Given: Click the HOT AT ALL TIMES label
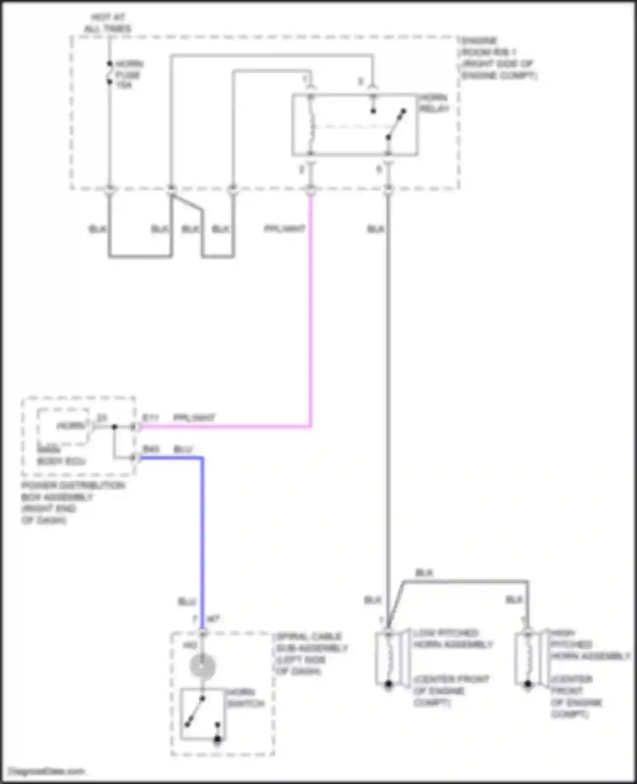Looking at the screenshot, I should point(108,23).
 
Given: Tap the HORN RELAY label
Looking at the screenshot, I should point(434,103).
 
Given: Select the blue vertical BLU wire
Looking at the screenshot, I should point(202,531).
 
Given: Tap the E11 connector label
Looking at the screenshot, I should point(150,418).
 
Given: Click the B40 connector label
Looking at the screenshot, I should point(151,449).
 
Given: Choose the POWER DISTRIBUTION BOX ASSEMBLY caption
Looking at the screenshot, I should point(73,503).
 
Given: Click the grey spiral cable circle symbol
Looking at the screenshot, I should point(203,666).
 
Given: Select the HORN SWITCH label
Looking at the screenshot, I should point(245,698).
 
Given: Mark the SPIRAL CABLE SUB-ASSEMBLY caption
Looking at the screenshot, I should point(312,654).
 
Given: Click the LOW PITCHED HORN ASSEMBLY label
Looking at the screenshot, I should point(453,639).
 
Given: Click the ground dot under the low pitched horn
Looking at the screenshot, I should point(388,684).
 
